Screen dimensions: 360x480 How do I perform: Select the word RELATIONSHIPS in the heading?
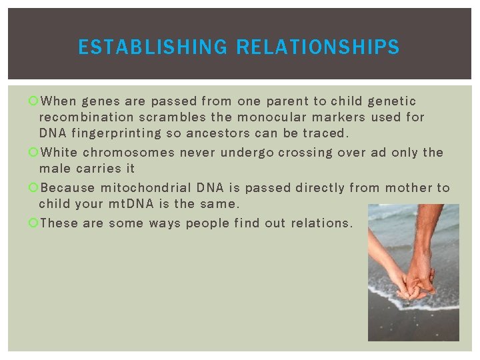pos(318,47)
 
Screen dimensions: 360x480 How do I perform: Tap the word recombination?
pos(83,117)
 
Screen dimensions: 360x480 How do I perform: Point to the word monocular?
pos(269,117)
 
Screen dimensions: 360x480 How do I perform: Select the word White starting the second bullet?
pos(59,153)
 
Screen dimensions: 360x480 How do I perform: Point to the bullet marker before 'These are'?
pos(33,223)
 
